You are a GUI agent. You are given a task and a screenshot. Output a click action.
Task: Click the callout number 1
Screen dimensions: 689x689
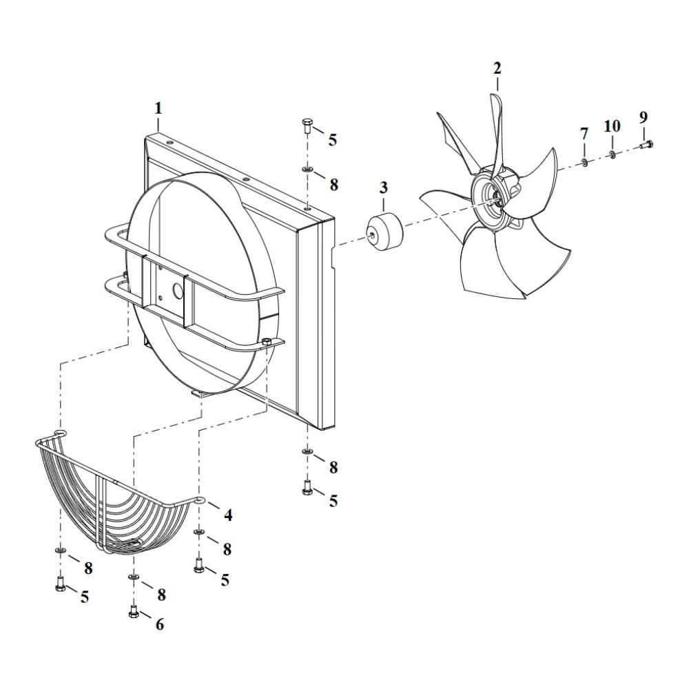pyautogui.click(x=158, y=108)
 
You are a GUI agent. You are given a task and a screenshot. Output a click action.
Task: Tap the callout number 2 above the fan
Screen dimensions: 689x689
pyautogui.click(x=497, y=68)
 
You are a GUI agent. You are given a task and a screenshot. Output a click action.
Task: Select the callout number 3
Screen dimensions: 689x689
pyautogui.click(x=384, y=187)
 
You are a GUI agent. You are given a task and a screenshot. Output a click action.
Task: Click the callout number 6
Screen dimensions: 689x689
pyautogui.click(x=159, y=624)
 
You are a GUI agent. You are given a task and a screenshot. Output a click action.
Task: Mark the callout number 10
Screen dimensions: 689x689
pyautogui.click(x=612, y=126)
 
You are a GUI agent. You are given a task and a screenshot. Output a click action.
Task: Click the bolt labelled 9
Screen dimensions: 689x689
pyautogui.click(x=648, y=145)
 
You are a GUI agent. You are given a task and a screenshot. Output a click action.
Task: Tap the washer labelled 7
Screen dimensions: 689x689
pyautogui.click(x=584, y=163)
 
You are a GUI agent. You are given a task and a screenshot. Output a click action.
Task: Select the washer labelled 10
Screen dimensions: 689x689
pyautogui.click(x=612, y=154)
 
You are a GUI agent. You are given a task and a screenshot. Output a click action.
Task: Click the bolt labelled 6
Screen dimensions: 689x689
pyautogui.click(x=134, y=612)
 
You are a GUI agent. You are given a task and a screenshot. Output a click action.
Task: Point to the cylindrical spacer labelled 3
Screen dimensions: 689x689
pyautogui.click(x=383, y=234)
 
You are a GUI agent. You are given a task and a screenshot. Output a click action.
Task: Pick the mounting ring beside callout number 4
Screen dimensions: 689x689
pyautogui.click(x=200, y=502)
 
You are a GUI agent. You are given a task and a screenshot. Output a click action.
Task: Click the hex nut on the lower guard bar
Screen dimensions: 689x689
pyautogui.click(x=266, y=342)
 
